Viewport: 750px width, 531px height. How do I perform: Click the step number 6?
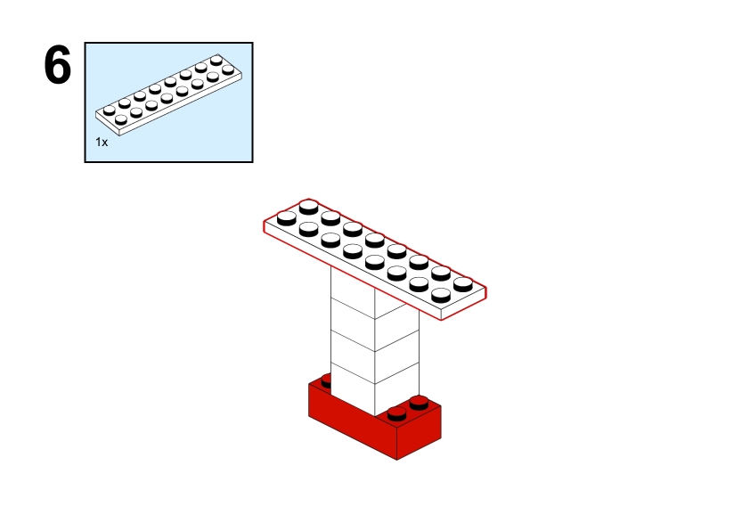[57, 65]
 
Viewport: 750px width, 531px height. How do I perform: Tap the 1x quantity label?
[102, 142]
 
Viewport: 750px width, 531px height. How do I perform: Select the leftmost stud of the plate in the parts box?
[110, 110]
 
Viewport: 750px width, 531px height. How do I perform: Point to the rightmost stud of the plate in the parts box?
[228, 69]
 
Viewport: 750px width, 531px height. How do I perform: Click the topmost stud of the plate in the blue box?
[216, 60]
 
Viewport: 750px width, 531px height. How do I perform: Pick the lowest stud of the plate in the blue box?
[121, 119]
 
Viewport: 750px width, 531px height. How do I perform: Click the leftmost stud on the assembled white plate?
[287, 218]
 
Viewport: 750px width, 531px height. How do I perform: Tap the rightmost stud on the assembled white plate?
[463, 284]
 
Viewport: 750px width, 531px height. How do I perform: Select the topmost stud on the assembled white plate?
[308, 207]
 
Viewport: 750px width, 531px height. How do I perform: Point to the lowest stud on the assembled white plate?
[441, 295]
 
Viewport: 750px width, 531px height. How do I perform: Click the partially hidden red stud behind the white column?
[326, 381]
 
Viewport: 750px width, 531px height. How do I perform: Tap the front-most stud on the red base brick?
[396, 413]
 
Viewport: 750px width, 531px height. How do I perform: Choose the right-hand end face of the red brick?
[419, 433]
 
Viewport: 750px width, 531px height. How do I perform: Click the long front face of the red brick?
[353, 421]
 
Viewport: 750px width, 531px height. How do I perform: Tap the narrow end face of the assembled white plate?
[463, 303]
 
